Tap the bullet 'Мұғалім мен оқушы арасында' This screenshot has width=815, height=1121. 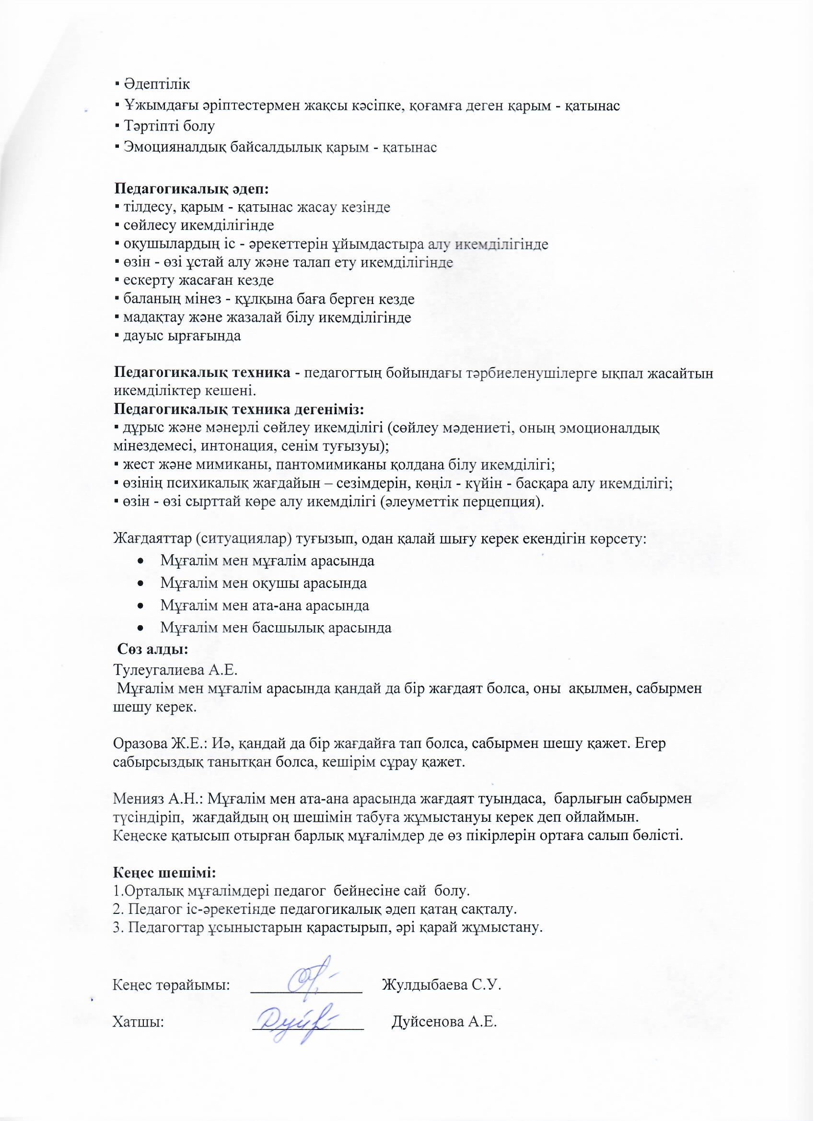263,583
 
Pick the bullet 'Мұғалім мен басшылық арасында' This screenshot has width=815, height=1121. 276,628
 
